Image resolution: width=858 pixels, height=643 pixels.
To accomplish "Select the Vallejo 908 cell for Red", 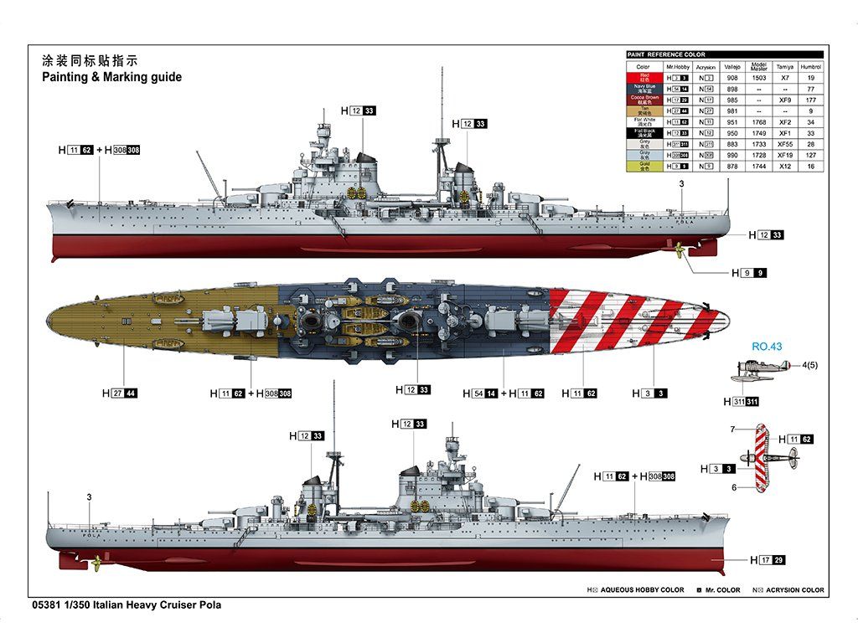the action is (x=732, y=78).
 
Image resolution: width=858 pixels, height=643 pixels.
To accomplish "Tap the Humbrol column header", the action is (x=810, y=66).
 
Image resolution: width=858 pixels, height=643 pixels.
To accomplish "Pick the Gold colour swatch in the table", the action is (x=643, y=167).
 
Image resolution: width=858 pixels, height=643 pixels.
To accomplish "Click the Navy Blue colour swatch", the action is (x=643, y=89).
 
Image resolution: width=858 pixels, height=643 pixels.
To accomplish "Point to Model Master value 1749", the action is (x=759, y=133).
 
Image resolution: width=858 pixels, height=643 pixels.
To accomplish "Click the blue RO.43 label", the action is (x=766, y=345).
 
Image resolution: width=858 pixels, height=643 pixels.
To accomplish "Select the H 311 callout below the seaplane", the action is (x=742, y=402).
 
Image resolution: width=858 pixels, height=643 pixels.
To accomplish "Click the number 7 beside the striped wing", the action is (x=731, y=430).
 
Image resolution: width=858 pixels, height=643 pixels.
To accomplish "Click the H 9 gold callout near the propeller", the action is (x=748, y=273).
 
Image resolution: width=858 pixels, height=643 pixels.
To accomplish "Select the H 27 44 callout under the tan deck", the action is (x=120, y=393).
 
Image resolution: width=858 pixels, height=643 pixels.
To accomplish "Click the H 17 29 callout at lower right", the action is (x=768, y=560).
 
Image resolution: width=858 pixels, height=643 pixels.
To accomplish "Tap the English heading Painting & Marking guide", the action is (x=111, y=77).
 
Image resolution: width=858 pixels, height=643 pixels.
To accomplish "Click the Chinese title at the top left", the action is (x=89, y=61).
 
